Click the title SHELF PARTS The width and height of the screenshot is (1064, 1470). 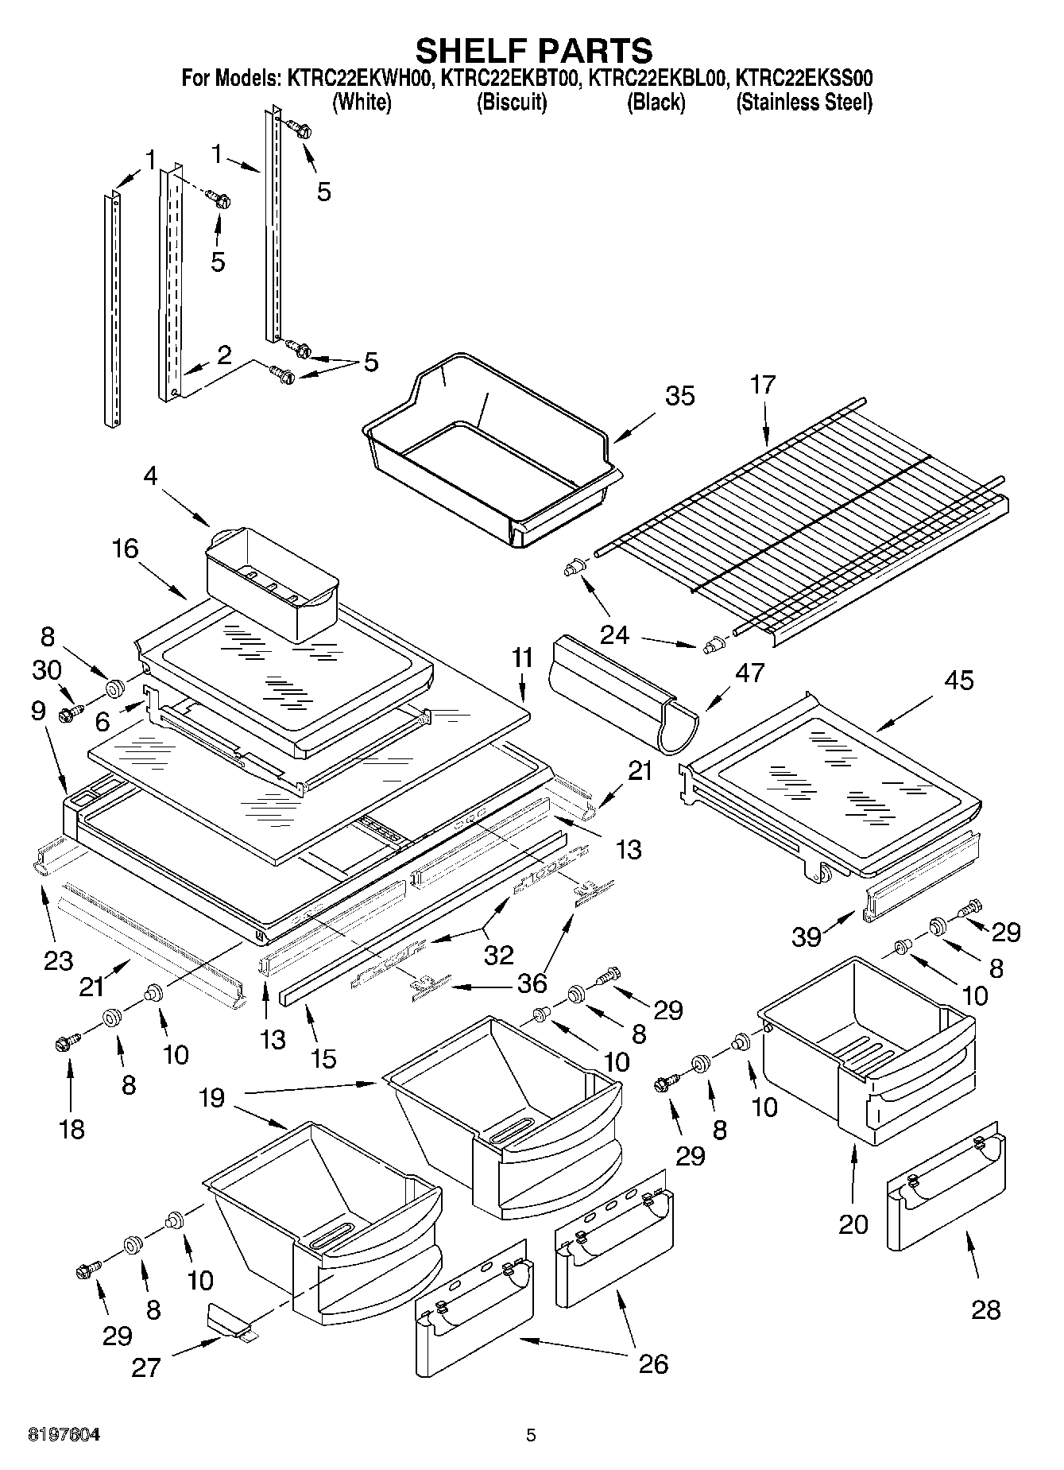click(x=534, y=50)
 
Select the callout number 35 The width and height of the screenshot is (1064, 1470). click(x=679, y=396)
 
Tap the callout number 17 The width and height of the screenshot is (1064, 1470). click(x=762, y=385)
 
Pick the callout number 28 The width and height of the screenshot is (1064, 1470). click(x=985, y=1309)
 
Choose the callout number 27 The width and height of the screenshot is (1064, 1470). click(x=147, y=1367)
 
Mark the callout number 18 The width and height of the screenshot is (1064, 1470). click(x=72, y=1128)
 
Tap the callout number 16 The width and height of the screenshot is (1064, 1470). click(x=126, y=549)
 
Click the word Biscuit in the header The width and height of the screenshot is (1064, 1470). click(x=511, y=103)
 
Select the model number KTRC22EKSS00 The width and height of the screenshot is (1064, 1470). click(x=804, y=78)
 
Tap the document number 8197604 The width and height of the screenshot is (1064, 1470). click(x=64, y=1435)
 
